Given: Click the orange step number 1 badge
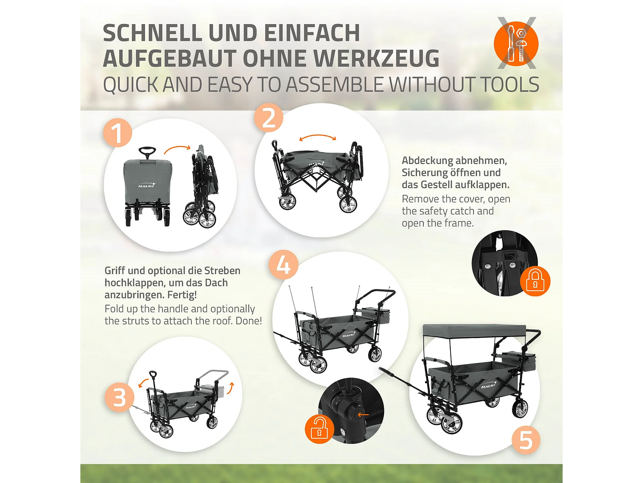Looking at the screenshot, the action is (x=117, y=133).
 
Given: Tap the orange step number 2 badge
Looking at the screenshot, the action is (x=268, y=118).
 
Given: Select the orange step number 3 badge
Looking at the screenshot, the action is (x=119, y=397).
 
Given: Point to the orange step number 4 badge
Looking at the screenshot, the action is (x=283, y=264).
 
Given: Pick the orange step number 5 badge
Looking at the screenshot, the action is (x=526, y=440).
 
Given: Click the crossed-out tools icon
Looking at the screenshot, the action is (x=516, y=43).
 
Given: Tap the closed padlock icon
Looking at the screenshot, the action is (x=535, y=281).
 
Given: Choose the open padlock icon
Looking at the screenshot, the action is (x=320, y=429).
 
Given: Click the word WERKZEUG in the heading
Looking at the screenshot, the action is (x=376, y=58).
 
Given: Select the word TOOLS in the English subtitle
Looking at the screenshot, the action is (x=509, y=85).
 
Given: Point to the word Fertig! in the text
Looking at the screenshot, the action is (x=182, y=295).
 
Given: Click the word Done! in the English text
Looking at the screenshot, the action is (x=249, y=321).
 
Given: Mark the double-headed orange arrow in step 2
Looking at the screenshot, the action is (x=318, y=137).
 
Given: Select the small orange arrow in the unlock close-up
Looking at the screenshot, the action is (x=363, y=414).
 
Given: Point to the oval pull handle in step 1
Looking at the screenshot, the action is (x=147, y=151).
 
